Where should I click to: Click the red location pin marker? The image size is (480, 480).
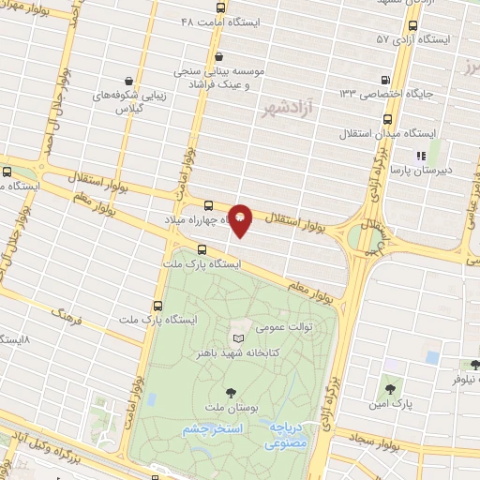[x=240, y=221]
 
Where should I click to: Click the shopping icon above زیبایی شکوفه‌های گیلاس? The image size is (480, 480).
[x=127, y=82]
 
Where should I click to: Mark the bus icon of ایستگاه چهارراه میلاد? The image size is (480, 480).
[x=208, y=206]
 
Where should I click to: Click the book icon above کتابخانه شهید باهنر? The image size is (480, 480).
[x=239, y=337]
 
